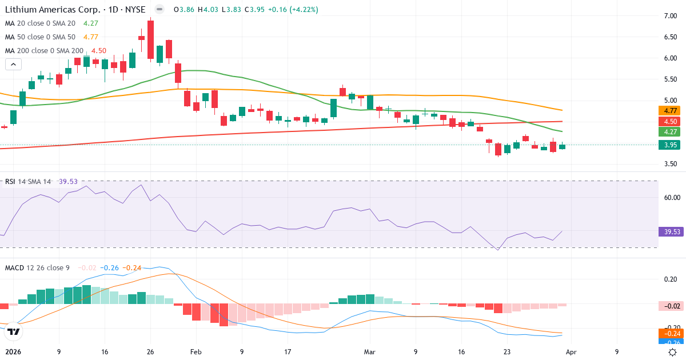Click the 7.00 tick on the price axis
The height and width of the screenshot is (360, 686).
[670, 16]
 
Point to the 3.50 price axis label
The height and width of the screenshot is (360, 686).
[670, 164]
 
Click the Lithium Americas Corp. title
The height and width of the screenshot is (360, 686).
[52, 10]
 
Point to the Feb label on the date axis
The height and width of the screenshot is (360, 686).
[196, 352]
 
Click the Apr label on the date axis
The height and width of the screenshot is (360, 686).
[572, 352]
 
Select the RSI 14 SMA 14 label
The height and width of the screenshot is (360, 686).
[28, 181]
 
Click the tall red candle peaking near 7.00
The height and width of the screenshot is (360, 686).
[150, 39]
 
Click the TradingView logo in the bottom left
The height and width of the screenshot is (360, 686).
[14, 331]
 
